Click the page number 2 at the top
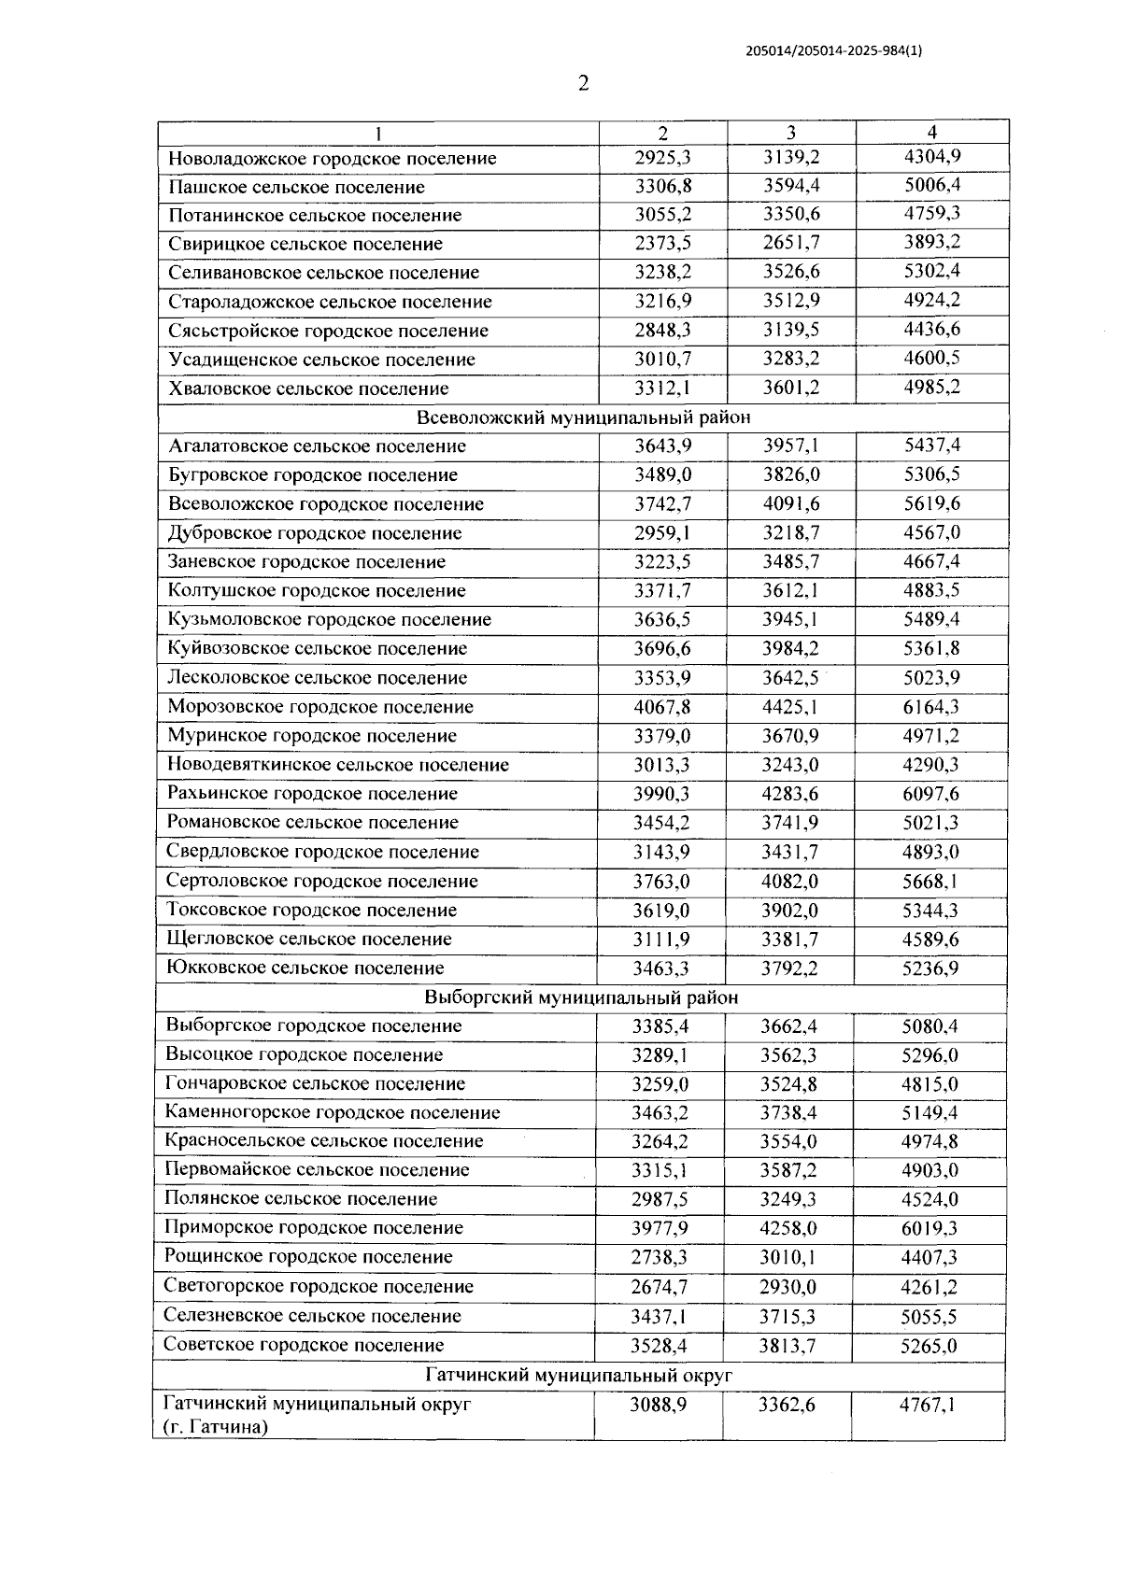tap(584, 85)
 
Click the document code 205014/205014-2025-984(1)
tap(834, 52)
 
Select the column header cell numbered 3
tap(791, 133)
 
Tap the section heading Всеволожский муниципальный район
tap(583, 417)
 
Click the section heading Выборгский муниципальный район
tap(581, 997)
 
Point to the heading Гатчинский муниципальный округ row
tap(579, 1376)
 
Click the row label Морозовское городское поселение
tap(320, 707)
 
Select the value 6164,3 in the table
tap(930, 707)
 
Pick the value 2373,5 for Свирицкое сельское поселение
tap(662, 244)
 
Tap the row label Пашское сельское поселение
tap(296, 187)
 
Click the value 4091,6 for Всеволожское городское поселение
tap(790, 504)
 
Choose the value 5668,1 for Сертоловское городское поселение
tap(929, 881)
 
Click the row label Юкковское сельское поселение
tap(305, 968)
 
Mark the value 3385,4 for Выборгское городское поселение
tap(660, 1026)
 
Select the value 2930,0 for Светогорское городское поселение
tap(788, 1287)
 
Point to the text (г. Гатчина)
tap(216, 1427)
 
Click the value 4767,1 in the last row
tap(928, 1405)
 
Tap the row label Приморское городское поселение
tap(314, 1228)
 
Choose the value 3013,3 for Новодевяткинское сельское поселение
tap(661, 765)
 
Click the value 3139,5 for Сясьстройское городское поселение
tap(790, 331)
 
